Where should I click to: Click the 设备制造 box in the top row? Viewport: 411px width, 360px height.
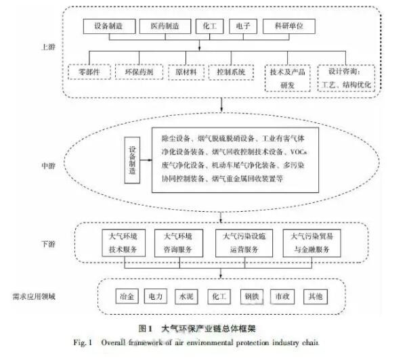pos(107,26)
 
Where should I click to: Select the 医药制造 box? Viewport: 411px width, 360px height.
pos(163,26)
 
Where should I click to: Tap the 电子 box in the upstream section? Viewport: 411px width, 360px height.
pos(240,26)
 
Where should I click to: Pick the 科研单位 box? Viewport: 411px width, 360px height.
pos(286,26)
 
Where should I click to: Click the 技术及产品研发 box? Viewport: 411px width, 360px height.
pos(288,76)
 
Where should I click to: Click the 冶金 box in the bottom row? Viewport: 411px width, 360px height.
pos(127,296)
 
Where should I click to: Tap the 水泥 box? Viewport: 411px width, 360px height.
pos(184,296)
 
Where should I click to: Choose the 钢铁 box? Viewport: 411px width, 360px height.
pos(252,296)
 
